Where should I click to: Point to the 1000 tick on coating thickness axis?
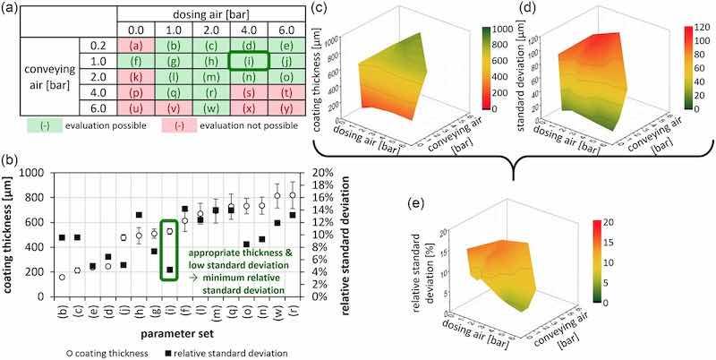pos(32,173)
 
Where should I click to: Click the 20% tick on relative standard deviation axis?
pos(320,173)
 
